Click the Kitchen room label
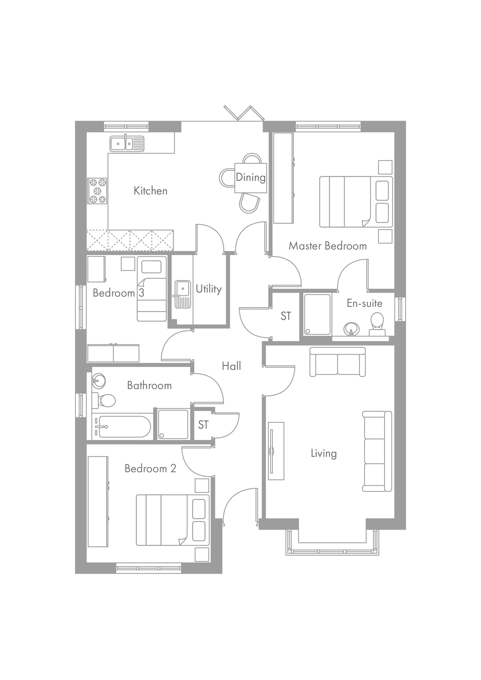click(x=150, y=191)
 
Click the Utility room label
click(x=209, y=289)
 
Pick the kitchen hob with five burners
click(x=97, y=191)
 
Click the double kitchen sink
click(x=127, y=144)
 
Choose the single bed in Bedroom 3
click(x=151, y=289)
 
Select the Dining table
click(x=250, y=178)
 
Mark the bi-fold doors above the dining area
click(x=244, y=113)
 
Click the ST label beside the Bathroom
click(x=203, y=425)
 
